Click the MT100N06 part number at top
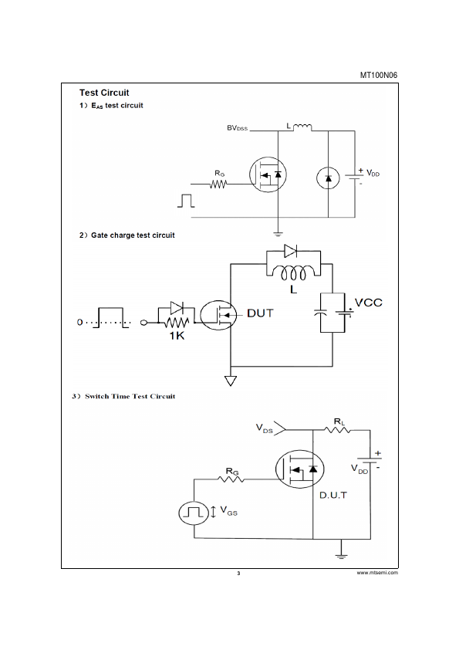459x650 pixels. [x=378, y=75]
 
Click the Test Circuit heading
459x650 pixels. [x=104, y=93]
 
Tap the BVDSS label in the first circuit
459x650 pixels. [x=237, y=127]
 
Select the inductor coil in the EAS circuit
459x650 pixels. [x=303, y=127]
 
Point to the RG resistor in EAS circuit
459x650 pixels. [x=218, y=184]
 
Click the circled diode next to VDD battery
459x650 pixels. [x=328, y=178]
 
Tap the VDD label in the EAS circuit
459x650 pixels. [x=373, y=173]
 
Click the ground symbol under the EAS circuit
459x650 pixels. [x=278, y=234]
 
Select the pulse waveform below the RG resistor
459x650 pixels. [x=186, y=200]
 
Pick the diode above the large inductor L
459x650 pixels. [x=290, y=251]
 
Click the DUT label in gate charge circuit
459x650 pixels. [x=260, y=313]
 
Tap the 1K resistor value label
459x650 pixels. [x=177, y=335]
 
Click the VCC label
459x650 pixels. [x=369, y=303]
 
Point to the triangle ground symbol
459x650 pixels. [x=231, y=381]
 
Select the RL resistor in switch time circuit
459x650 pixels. [x=337, y=430]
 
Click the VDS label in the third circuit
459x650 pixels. [x=265, y=428]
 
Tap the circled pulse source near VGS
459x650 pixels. [x=194, y=513]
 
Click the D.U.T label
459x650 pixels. [x=333, y=495]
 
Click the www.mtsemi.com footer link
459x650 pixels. [x=377, y=573]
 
